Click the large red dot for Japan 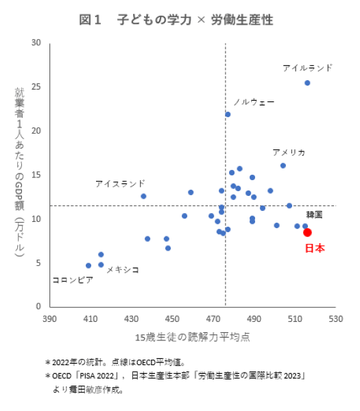tap(307, 232)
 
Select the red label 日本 tap(314, 248)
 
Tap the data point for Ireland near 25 tap(307, 83)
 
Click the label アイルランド tap(307, 68)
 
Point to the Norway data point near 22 tap(228, 114)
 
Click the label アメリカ tap(289, 152)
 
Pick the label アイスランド tap(120, 184)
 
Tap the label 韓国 tap(314, 214)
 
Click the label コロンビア tap(73, 280)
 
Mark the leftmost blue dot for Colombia tap(88, 266)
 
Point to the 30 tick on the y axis tap(36, 43)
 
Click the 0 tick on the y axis tap(39, 306)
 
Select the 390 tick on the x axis tap(49, 319)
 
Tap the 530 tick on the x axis tap(335, 319)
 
